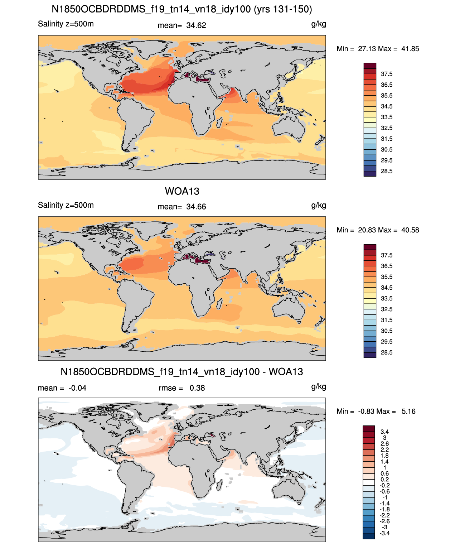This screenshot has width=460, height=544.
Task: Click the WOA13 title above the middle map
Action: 182,191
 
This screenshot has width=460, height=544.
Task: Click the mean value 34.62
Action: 196,25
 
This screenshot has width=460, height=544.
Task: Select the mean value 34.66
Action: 196,207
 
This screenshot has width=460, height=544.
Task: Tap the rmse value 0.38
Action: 197,388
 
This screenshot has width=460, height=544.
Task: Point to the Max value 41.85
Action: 410,49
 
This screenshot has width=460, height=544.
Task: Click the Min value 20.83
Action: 367,230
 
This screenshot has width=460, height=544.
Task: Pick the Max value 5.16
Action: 408,411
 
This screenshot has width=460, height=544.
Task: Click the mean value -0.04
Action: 77,388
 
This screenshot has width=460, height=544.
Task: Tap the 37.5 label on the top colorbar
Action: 387,74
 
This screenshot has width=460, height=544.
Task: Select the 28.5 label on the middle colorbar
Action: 387,352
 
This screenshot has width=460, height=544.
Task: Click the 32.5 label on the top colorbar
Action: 387,128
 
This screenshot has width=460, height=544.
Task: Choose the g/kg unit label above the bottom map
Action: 319,387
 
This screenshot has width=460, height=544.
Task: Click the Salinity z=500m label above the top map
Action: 66,24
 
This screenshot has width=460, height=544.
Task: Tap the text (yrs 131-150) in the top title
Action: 283,9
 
